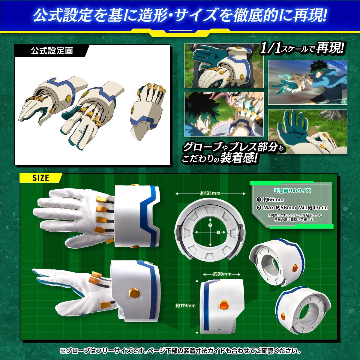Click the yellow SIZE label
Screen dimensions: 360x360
pos(40,178)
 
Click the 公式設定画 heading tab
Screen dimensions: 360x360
pos(52,51)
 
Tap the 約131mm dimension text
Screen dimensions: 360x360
pos(210,193)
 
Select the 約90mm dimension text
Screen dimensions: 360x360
pos(222,274)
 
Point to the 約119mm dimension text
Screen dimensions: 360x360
pos(185,306)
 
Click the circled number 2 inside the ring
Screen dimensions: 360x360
pos(210,225)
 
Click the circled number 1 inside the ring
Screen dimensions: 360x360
pos(218,232)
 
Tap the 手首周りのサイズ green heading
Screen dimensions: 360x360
pos(292,190)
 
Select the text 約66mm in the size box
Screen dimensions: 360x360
pos(273,199)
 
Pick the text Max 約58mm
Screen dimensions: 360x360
pos(279,208)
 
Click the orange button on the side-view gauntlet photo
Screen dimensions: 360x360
pos(133,293)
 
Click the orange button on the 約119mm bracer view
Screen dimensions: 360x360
pos(224,305)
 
